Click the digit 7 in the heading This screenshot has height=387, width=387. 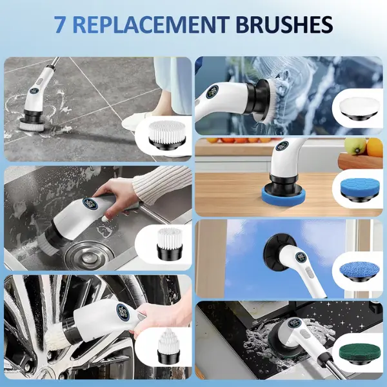60,25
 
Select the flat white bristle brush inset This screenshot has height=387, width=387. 167,136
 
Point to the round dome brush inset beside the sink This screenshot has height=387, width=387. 170,243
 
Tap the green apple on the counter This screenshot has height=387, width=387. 355,146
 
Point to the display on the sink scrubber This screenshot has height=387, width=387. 90,204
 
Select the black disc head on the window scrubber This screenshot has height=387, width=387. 275,252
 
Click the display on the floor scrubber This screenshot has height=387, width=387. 34,91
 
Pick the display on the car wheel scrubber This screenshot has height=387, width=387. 123,312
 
